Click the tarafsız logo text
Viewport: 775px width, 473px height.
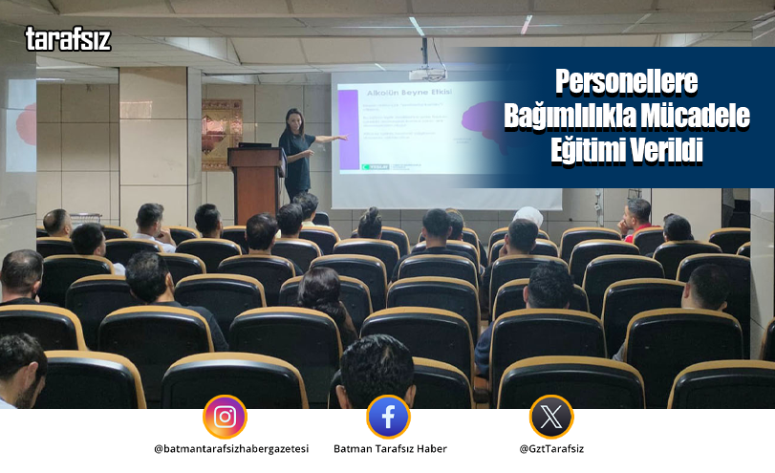tap(68, 39)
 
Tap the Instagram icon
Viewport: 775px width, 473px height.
tap(225, 417)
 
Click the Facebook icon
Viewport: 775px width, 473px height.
tap(388, 417)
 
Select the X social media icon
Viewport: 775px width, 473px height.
tap(551, 417)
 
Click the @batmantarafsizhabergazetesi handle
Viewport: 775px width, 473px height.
tap(230, 449)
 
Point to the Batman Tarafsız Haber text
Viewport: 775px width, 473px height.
tap(390, 449)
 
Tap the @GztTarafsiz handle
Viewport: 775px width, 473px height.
tap(552, 449)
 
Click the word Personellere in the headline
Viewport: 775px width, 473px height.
tap(628, 80)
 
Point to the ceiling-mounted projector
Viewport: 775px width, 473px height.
tap(426, 72)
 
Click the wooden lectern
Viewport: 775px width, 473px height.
tap(255, 182)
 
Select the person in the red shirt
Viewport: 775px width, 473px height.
tap(636, 222)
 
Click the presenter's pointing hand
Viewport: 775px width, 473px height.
tap(340, 138)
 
